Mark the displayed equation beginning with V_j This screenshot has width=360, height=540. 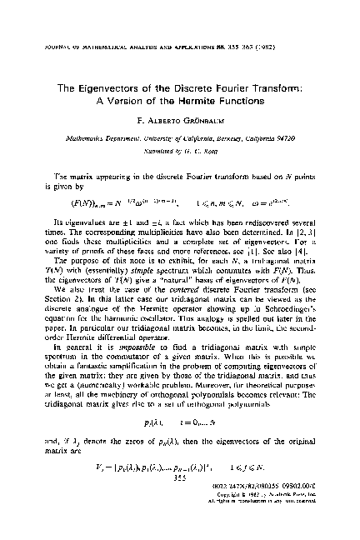click(179, 480)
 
